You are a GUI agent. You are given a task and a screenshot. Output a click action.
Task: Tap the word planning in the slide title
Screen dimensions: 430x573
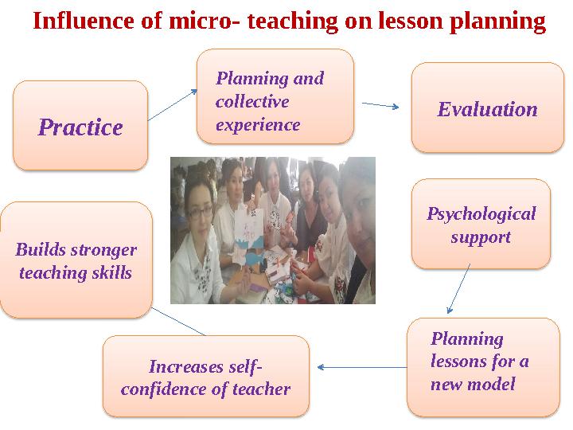point(497,21)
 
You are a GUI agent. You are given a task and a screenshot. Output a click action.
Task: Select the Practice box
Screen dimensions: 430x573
point(80,126)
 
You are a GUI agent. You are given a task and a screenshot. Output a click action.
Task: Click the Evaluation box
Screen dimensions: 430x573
point(487,108)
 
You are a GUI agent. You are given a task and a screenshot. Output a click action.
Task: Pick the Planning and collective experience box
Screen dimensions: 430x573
point(275,97)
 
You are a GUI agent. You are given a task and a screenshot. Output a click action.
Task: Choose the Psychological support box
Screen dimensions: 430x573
point(481,224)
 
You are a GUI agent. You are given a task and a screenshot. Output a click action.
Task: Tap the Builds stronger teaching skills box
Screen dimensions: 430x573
point(76,260)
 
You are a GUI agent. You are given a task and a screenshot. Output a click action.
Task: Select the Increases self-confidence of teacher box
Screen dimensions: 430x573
point(205,377)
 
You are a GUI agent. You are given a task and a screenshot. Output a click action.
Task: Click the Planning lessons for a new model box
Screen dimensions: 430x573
point(482,365)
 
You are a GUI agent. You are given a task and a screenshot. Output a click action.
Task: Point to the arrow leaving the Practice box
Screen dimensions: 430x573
point(173,105)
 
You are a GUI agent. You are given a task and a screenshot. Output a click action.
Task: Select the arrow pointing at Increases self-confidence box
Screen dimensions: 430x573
point(361,367)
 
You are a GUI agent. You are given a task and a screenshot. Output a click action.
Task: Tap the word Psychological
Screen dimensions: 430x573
point(481,214)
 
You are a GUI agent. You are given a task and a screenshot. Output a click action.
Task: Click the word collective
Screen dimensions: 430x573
point(251,103)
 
